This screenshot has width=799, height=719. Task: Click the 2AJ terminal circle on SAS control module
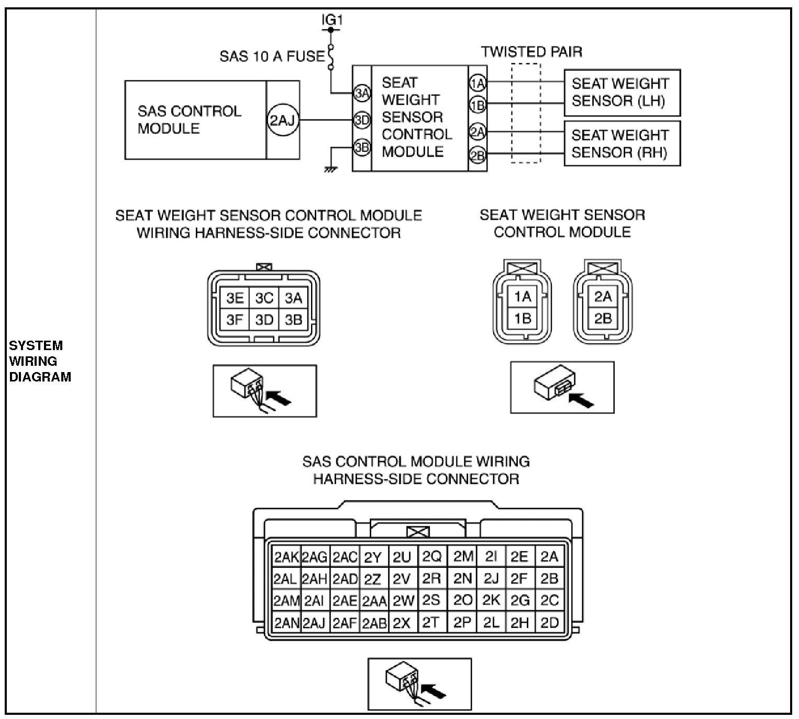283,120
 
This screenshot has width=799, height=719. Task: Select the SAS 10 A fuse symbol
331,57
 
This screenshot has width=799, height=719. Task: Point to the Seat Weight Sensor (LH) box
622,93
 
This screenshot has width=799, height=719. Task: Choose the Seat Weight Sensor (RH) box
622,144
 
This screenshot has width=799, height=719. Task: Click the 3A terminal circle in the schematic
362,93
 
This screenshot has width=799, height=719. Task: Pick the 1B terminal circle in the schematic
478,105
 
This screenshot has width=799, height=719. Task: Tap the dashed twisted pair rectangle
525,113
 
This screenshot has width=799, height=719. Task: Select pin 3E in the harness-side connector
235,298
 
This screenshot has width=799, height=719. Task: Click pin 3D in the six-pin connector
264,319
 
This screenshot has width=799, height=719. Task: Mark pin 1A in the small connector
522,297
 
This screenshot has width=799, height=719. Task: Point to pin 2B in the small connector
603,318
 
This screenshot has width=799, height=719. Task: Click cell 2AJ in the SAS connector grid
314,623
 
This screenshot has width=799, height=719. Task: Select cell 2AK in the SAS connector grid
286,557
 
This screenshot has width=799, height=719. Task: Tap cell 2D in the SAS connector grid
549,623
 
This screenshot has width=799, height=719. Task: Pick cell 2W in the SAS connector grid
403,601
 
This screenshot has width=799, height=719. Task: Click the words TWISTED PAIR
531,52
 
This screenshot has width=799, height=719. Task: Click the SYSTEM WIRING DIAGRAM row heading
40,361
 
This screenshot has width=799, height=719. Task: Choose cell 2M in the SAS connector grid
463,557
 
